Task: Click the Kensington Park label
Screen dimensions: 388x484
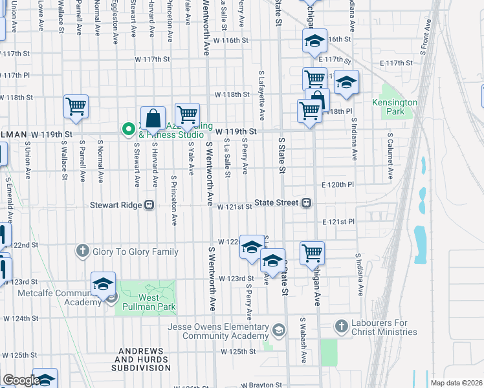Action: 395,107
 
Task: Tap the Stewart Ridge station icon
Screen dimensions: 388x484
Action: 149,205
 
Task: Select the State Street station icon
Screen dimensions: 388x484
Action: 307,202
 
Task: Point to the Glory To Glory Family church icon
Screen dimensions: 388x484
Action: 82,251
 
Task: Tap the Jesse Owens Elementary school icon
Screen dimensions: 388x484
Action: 279,330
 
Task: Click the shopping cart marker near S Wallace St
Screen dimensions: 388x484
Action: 76,106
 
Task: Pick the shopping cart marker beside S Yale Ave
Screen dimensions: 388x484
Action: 187,114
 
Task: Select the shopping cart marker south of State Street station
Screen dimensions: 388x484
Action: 312,252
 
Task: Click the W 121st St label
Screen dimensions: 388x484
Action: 234,207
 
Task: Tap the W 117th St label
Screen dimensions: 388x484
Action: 152,59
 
